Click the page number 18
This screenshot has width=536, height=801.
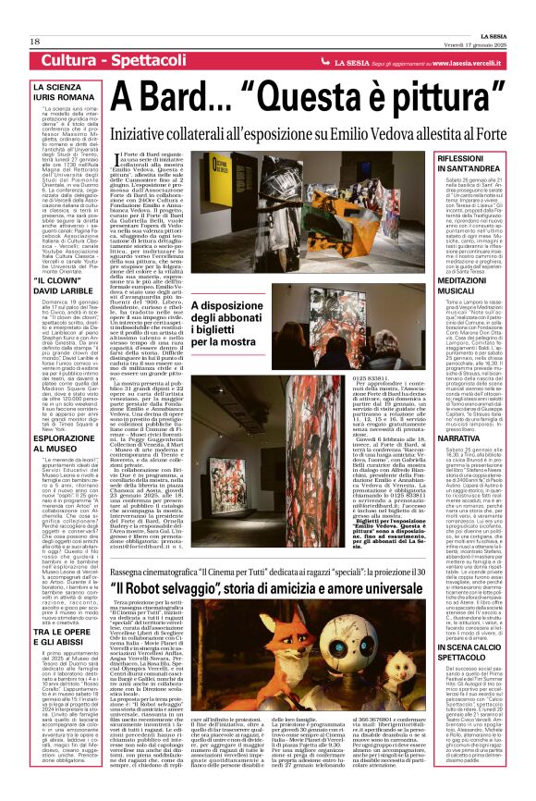click(35, 41)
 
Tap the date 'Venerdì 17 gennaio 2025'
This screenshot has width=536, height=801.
click(479, 41)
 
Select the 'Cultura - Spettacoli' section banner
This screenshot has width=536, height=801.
click(108, 61)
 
